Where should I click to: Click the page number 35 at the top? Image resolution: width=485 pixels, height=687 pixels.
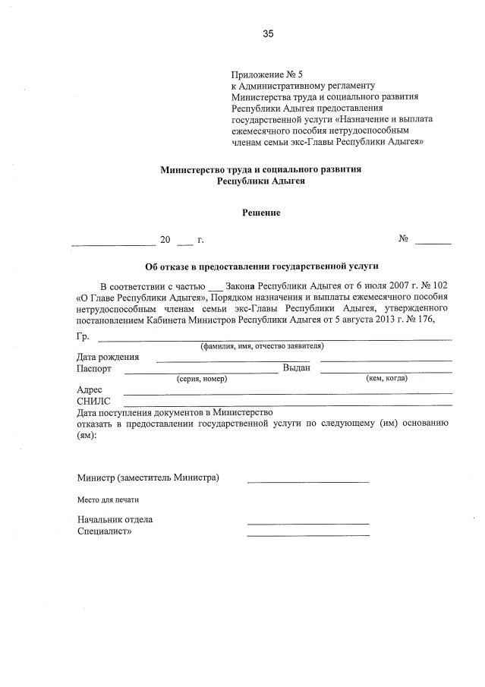pyautogui.click(x=267, y=33)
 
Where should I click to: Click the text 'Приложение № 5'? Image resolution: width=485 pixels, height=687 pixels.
pyautogui.click(x=266, y=75)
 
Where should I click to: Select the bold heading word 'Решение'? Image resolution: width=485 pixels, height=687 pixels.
pyautogui.click(x=261, y=213)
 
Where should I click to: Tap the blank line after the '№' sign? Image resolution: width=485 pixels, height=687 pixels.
pyautogui.click(x=433, y=241)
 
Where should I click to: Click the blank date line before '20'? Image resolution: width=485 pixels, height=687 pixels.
pyautogui.click(x=113, y=243)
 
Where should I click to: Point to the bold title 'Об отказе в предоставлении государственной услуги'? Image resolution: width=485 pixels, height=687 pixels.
pyautogui.click(x=261, y=266)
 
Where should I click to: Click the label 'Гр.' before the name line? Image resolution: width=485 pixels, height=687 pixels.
pyautogui.click(x=83, y=336)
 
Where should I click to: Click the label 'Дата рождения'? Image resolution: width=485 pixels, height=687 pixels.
pyautogui.click(x=108, y=357)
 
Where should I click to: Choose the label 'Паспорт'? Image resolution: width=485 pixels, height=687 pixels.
pyautogui.click(x=94, y=368)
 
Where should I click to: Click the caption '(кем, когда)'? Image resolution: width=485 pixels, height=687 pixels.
pyautogui.click(x=386, y=378)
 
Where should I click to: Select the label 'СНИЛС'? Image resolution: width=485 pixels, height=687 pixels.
pyautogui.click(x=93, y=401)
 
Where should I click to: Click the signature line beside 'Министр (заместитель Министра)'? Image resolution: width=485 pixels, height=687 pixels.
pyautogui.click(x=307, y=481)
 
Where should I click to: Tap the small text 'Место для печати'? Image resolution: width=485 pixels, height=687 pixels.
pyautogui.click(x=108, y=500)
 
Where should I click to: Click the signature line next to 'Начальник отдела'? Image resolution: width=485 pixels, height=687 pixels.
pyautogui.click(x=307, y=523)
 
